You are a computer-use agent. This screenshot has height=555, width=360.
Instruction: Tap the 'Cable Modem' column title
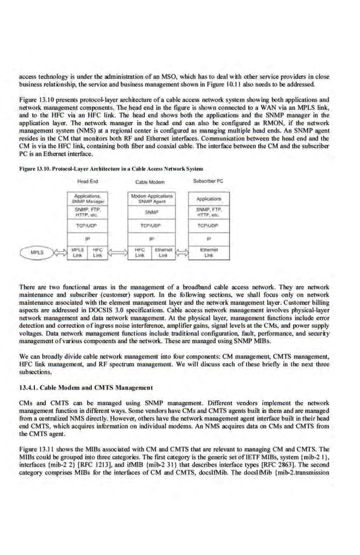(x=150, y=182)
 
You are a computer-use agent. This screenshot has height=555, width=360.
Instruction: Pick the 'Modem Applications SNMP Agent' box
(x=151, y=199)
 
